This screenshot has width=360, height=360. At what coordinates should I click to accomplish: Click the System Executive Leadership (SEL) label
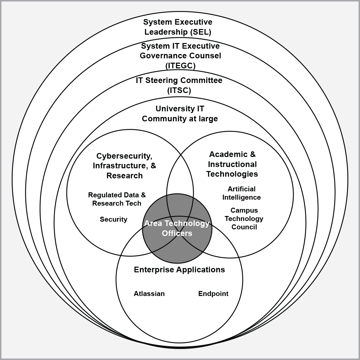tap(178, 27)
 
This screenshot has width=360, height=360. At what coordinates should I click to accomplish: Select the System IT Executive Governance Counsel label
tap(180, 55)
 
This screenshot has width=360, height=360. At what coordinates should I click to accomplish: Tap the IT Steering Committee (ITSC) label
tap(179, 85)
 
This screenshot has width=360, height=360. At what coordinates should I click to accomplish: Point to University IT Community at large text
tap(180, 114)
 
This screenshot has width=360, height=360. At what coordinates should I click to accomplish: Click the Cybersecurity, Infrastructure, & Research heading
tap(124, 166)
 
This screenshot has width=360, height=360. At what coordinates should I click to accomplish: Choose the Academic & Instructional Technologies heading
tap(232, 164)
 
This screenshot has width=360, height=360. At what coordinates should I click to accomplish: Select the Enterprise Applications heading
tap(179, 270)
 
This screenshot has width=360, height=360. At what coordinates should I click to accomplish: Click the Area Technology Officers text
tap(177, 228)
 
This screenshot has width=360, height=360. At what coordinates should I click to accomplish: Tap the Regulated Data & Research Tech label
tap(117, 199)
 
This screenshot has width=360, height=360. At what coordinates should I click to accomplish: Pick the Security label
tap(114, 219)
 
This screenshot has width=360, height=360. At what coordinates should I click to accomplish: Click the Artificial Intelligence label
tap(241, 193)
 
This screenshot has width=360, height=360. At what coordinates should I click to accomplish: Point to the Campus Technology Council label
tap(244, 219)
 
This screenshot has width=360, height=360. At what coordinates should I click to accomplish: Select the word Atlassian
tap(149, 294)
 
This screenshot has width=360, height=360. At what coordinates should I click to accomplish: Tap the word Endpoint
tap(213, 294)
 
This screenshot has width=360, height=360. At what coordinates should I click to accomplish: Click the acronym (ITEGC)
tap(180, 66)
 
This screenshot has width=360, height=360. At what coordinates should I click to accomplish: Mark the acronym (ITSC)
tap(179, 90)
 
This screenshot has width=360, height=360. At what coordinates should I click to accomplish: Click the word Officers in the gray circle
tap(177, 233)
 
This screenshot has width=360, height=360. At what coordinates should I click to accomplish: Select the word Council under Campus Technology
tap(244, 227)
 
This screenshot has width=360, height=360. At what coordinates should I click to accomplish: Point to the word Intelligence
tap(241, 197)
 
